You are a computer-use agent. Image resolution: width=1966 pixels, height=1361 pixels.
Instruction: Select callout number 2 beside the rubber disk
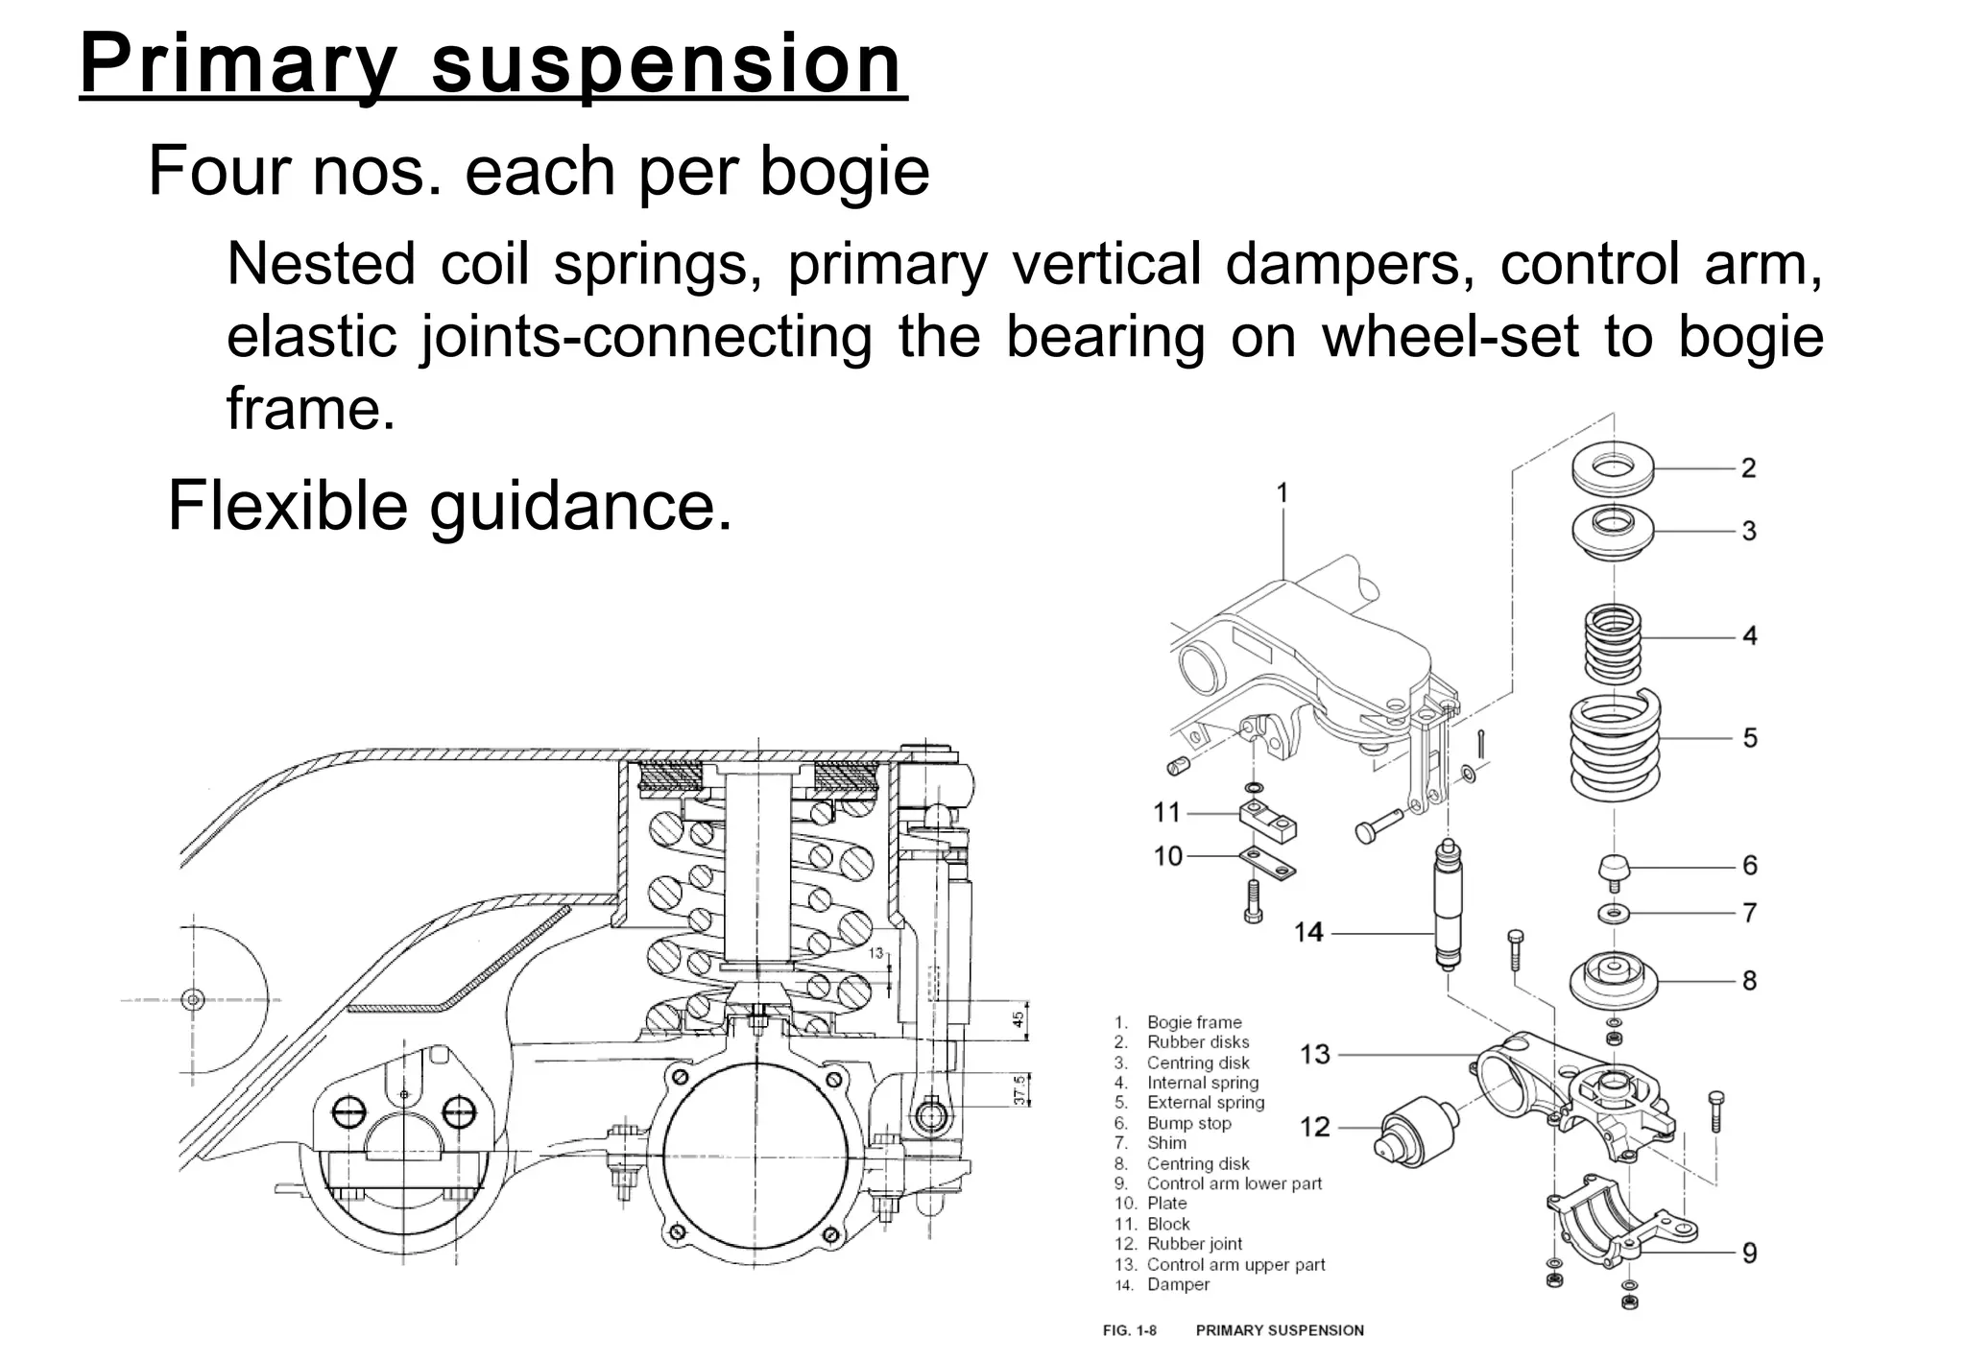(x=1748, y=468)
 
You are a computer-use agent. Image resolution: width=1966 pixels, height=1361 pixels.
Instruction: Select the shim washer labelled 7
(x=1614, y=912)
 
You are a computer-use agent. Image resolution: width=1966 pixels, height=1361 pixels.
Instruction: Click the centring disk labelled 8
(x=1614, y=980)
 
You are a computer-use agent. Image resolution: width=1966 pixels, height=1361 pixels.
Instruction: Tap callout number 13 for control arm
(x=1314, y=1054)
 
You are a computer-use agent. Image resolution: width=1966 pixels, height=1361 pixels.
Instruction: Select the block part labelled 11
(x=1267, y=819)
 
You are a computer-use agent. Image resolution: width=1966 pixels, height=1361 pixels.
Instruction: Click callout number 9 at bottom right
(x=1748, y=1253)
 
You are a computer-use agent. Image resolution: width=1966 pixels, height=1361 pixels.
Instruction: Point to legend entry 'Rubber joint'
(x=1194, y=1244)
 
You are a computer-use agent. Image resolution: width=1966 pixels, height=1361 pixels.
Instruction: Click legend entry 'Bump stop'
(x=1188, y=1123)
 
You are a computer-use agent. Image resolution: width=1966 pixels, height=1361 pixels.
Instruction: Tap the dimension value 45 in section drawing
(x=1019, y=1016)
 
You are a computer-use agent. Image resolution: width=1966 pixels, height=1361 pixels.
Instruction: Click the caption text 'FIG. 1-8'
(x=1130, y=1330)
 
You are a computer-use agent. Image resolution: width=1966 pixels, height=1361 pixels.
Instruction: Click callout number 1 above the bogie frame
(x=1283, y=493)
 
